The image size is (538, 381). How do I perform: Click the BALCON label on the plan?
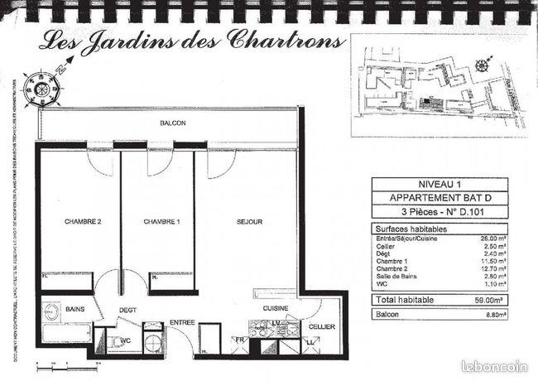click(x=173, y=123)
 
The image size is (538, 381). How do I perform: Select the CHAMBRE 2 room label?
click(x=83, y=222)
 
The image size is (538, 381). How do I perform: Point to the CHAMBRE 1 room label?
click(x=161, y=222)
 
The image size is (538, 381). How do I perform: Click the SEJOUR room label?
click(x=249, y=222)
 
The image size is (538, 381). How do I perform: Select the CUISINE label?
click(x=275, y=309)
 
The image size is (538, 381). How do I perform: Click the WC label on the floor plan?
click(x=127, y=340)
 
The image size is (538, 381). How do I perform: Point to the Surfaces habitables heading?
click(x=411, y=229)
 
